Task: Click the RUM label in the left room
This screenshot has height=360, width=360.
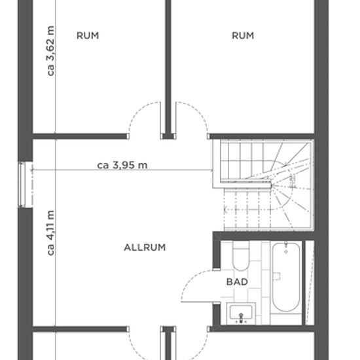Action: (x=88, y=35)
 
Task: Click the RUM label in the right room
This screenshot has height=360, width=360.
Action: (x=243, y=35)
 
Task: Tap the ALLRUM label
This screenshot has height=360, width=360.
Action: (x=145, y=247)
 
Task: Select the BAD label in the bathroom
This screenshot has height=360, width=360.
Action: (x=237, y=281)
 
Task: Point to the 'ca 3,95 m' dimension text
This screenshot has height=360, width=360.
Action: (x=122, y=165)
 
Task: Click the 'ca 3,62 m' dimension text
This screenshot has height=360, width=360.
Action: (x=50, y=51)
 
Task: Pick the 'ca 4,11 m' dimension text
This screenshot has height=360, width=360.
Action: (x=50, y=233)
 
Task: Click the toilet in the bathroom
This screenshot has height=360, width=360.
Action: (x=240, y=256)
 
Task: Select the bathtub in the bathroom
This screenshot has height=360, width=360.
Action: (x=286, y=277)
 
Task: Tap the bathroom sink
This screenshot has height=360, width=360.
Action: (x=241, y=314)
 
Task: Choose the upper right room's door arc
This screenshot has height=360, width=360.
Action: (x=198, y=110)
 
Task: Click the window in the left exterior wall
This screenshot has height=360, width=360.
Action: (x=22, y=185)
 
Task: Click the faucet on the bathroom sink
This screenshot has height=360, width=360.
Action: (x=241, y=318)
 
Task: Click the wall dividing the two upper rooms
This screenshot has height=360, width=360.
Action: (x=168, y=67)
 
